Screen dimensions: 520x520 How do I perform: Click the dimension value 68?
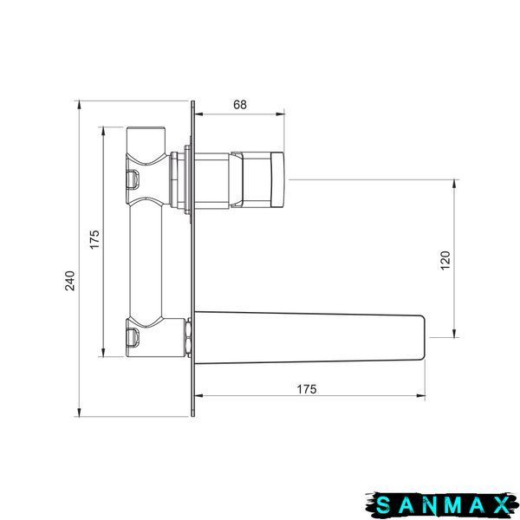(240, 105)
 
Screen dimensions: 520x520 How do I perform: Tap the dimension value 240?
(70, 281)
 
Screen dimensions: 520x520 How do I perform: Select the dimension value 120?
(445, 260)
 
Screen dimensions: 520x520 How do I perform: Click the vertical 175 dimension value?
(94, 239)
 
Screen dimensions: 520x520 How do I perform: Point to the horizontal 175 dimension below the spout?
(307, 389)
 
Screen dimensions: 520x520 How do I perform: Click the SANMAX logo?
(442, 505)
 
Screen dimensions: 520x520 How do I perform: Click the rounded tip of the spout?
(421, 338)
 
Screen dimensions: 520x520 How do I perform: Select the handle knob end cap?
(277, 179)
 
